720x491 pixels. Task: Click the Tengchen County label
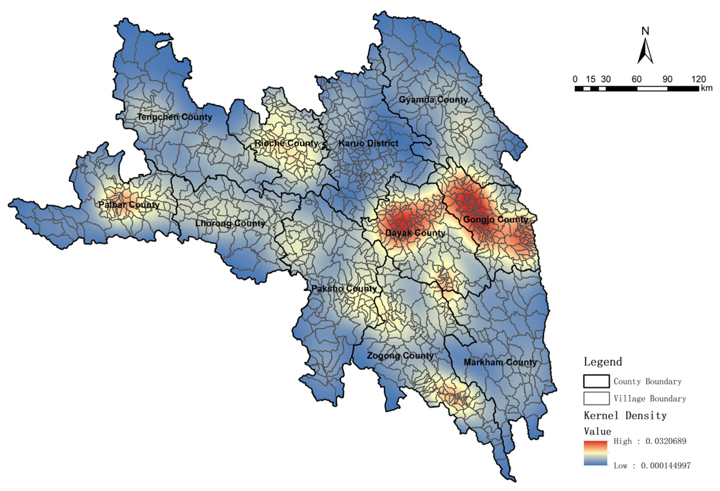pos(174,117)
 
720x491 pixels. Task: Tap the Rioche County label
pos(286,143)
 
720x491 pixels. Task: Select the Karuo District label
pos(368,143)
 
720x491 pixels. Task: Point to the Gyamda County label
pos(433,100)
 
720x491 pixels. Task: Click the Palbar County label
pos(129,205)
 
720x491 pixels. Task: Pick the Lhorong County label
pos(230,223)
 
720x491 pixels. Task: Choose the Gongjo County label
pos(495,220)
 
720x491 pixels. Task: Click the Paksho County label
pos(344,289)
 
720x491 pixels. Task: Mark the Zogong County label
pos(400,356)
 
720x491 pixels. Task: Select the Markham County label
pos(500,362)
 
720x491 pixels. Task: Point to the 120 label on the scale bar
pos(698,79)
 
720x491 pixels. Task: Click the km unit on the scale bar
pos(706,88)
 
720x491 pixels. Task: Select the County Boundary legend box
pos(596,381)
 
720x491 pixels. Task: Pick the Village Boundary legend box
pos(596,398)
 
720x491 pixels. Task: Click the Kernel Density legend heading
pos(625,416)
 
